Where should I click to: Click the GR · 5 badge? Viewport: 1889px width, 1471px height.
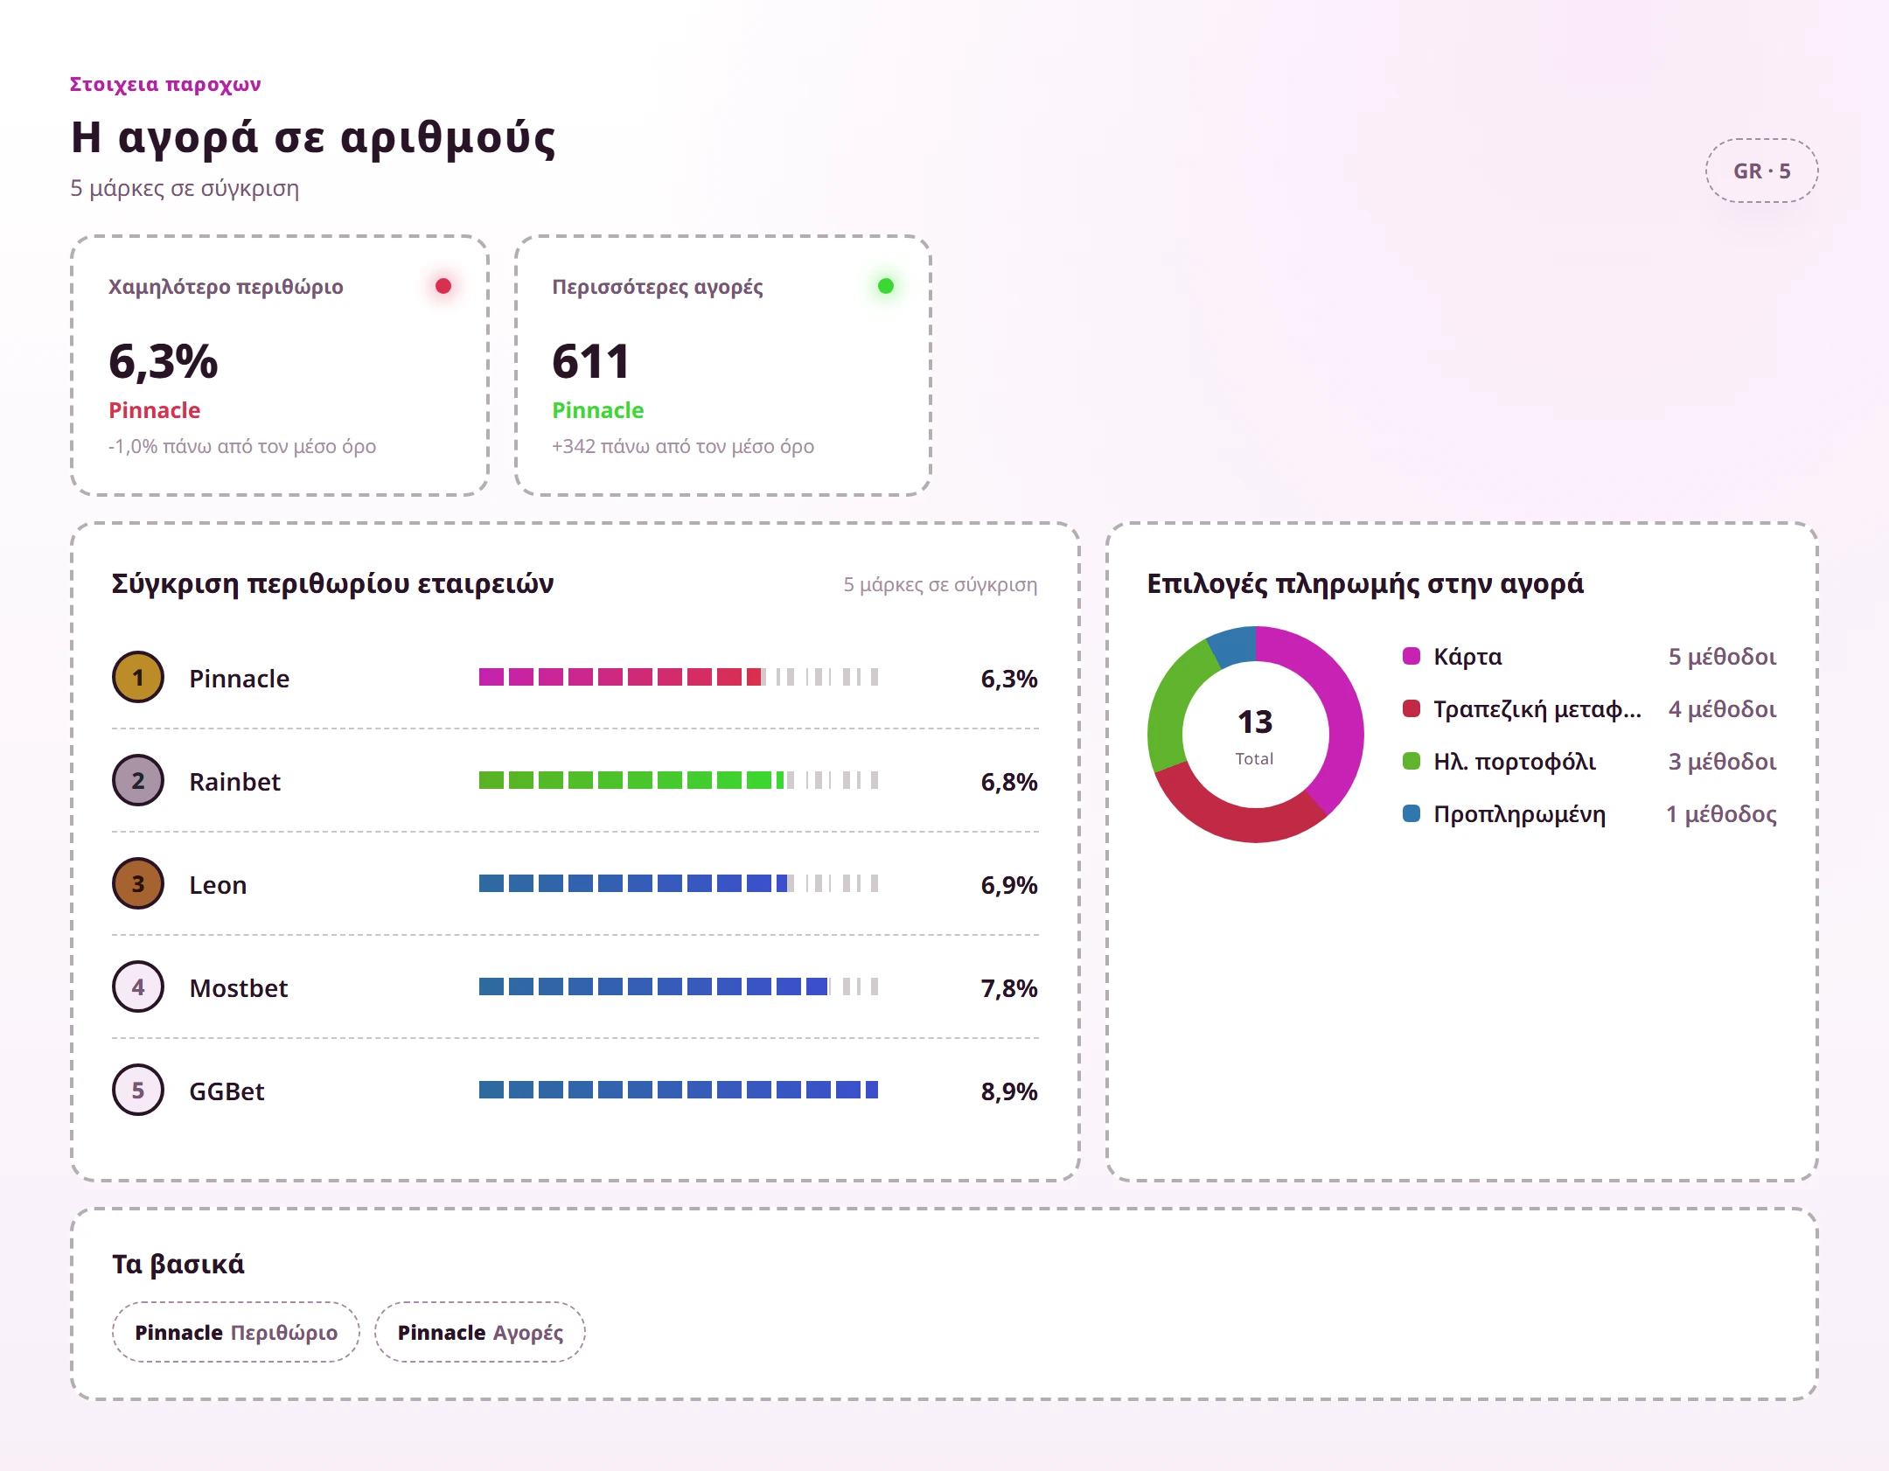pos(1761,171)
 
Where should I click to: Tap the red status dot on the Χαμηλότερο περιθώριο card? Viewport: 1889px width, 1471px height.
pos(443,286)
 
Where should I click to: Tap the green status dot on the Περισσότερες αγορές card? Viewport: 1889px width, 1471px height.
pos(886,286)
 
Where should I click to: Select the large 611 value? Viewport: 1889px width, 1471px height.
pos(590,361)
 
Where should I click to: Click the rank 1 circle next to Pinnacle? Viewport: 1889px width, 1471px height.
pos(138,677)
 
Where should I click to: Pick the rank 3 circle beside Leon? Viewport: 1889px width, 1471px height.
pos(138,883)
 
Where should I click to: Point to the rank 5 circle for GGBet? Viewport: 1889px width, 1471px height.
pos(138,1090)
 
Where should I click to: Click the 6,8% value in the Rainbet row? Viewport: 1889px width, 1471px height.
pos(1008,781)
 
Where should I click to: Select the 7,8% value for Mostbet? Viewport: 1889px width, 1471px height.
pos(1008,987)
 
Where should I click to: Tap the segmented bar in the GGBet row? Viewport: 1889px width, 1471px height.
pos(679,1090)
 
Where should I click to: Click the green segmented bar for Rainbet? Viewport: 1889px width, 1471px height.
pos(679,780)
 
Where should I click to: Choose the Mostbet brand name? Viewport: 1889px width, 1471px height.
pos(239,987)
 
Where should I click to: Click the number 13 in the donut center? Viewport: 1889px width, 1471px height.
pos(1255,722)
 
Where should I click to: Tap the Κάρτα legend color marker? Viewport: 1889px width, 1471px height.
pos(1412,656)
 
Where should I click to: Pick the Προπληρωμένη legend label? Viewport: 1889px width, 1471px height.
pos(1519,814)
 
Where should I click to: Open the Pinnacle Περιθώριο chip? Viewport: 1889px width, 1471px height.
pos(236,1332)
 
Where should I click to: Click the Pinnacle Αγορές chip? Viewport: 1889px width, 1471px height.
pos(480,1332)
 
